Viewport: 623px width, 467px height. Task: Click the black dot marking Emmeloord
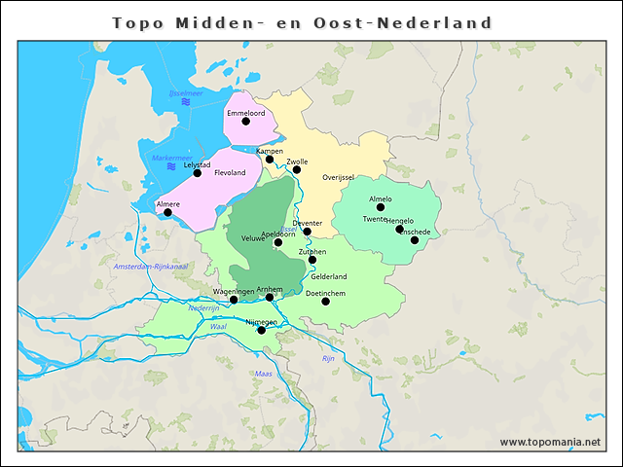click(246, 122)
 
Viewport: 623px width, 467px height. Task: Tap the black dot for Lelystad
click(198, 173)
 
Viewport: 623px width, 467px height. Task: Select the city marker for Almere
click(167, 212)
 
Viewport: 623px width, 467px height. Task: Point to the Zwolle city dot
click(297, 169)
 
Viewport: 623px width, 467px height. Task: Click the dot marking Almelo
click(382, 207)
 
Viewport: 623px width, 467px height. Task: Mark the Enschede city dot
click(414, 239)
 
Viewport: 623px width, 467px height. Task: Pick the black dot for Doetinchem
click(325, 301)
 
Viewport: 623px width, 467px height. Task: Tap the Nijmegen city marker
click(261, 331)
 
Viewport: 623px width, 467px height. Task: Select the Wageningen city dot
click(234, 300)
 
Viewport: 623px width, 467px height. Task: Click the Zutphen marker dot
click(312, 260)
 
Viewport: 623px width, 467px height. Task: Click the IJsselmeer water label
click(184, 93)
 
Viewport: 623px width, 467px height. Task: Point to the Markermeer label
click(172, 158)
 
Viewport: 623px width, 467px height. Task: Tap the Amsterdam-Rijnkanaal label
click(149, 267)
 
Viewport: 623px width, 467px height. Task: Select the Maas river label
click(263, 374)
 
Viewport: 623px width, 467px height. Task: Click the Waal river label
click(217, 327)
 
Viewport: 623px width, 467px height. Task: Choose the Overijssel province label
click(338, 177)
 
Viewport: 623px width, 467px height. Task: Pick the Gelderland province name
click(329, 276)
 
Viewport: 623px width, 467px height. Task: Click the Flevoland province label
click(230, 173)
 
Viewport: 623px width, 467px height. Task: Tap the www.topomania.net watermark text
click(550, 442)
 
